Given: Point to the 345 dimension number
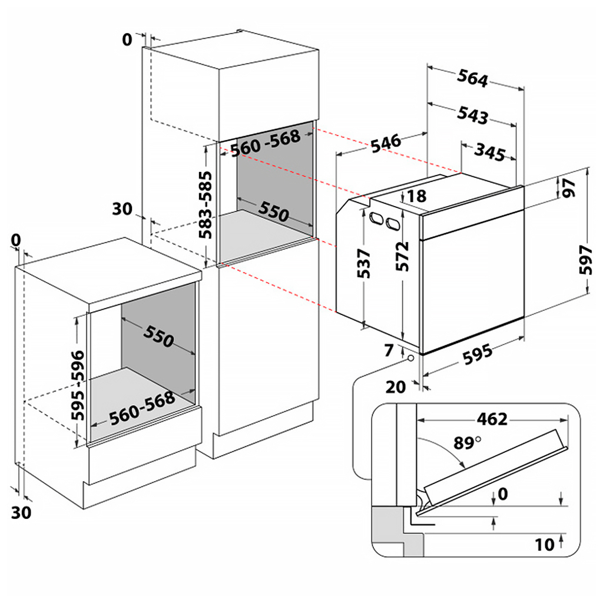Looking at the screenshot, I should [x=489, y=152].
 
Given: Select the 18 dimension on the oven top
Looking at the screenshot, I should [x=417, y=196].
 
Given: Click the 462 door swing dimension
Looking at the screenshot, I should [x=492, y=419].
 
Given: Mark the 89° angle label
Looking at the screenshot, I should [x=466, y=442].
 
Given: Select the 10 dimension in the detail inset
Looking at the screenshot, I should [x=545, y=545].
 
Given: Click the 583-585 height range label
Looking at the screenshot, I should [x=207, y=208].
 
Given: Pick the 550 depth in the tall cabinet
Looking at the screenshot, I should [x=273, y=212].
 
